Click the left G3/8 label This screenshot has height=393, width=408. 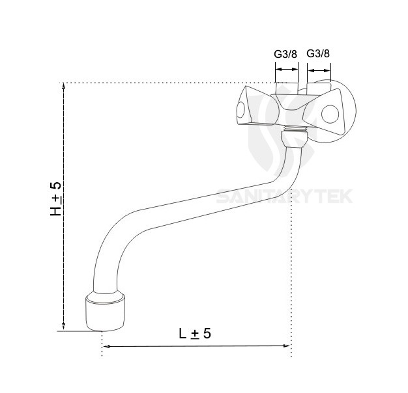point(285,53)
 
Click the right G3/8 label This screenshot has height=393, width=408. point(319,53)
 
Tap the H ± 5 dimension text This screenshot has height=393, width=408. point(57,199)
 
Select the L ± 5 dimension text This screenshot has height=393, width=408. point(195,333)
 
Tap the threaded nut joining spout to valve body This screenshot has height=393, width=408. point(292,138)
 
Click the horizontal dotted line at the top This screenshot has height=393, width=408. point(163,83)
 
